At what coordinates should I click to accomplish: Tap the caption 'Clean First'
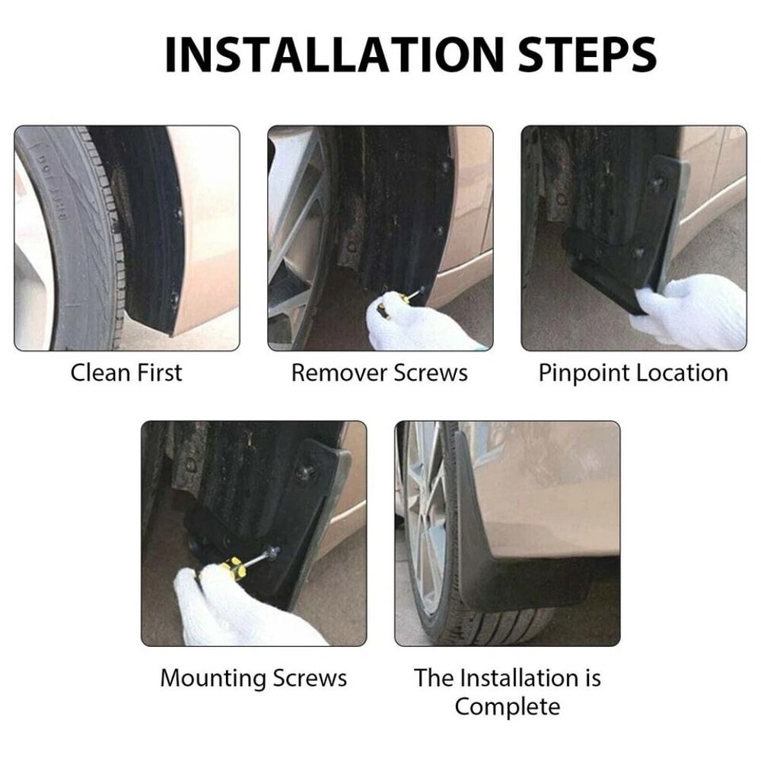126,373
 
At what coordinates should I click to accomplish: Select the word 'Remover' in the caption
339,373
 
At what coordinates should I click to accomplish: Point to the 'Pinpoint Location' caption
633,373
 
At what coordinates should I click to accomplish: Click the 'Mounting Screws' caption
253,678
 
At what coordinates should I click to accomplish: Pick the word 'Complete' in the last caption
508,705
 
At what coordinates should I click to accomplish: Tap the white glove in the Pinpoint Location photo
693,312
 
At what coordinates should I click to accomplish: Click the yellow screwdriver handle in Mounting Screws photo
232,567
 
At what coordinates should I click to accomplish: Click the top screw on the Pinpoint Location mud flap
657,183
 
